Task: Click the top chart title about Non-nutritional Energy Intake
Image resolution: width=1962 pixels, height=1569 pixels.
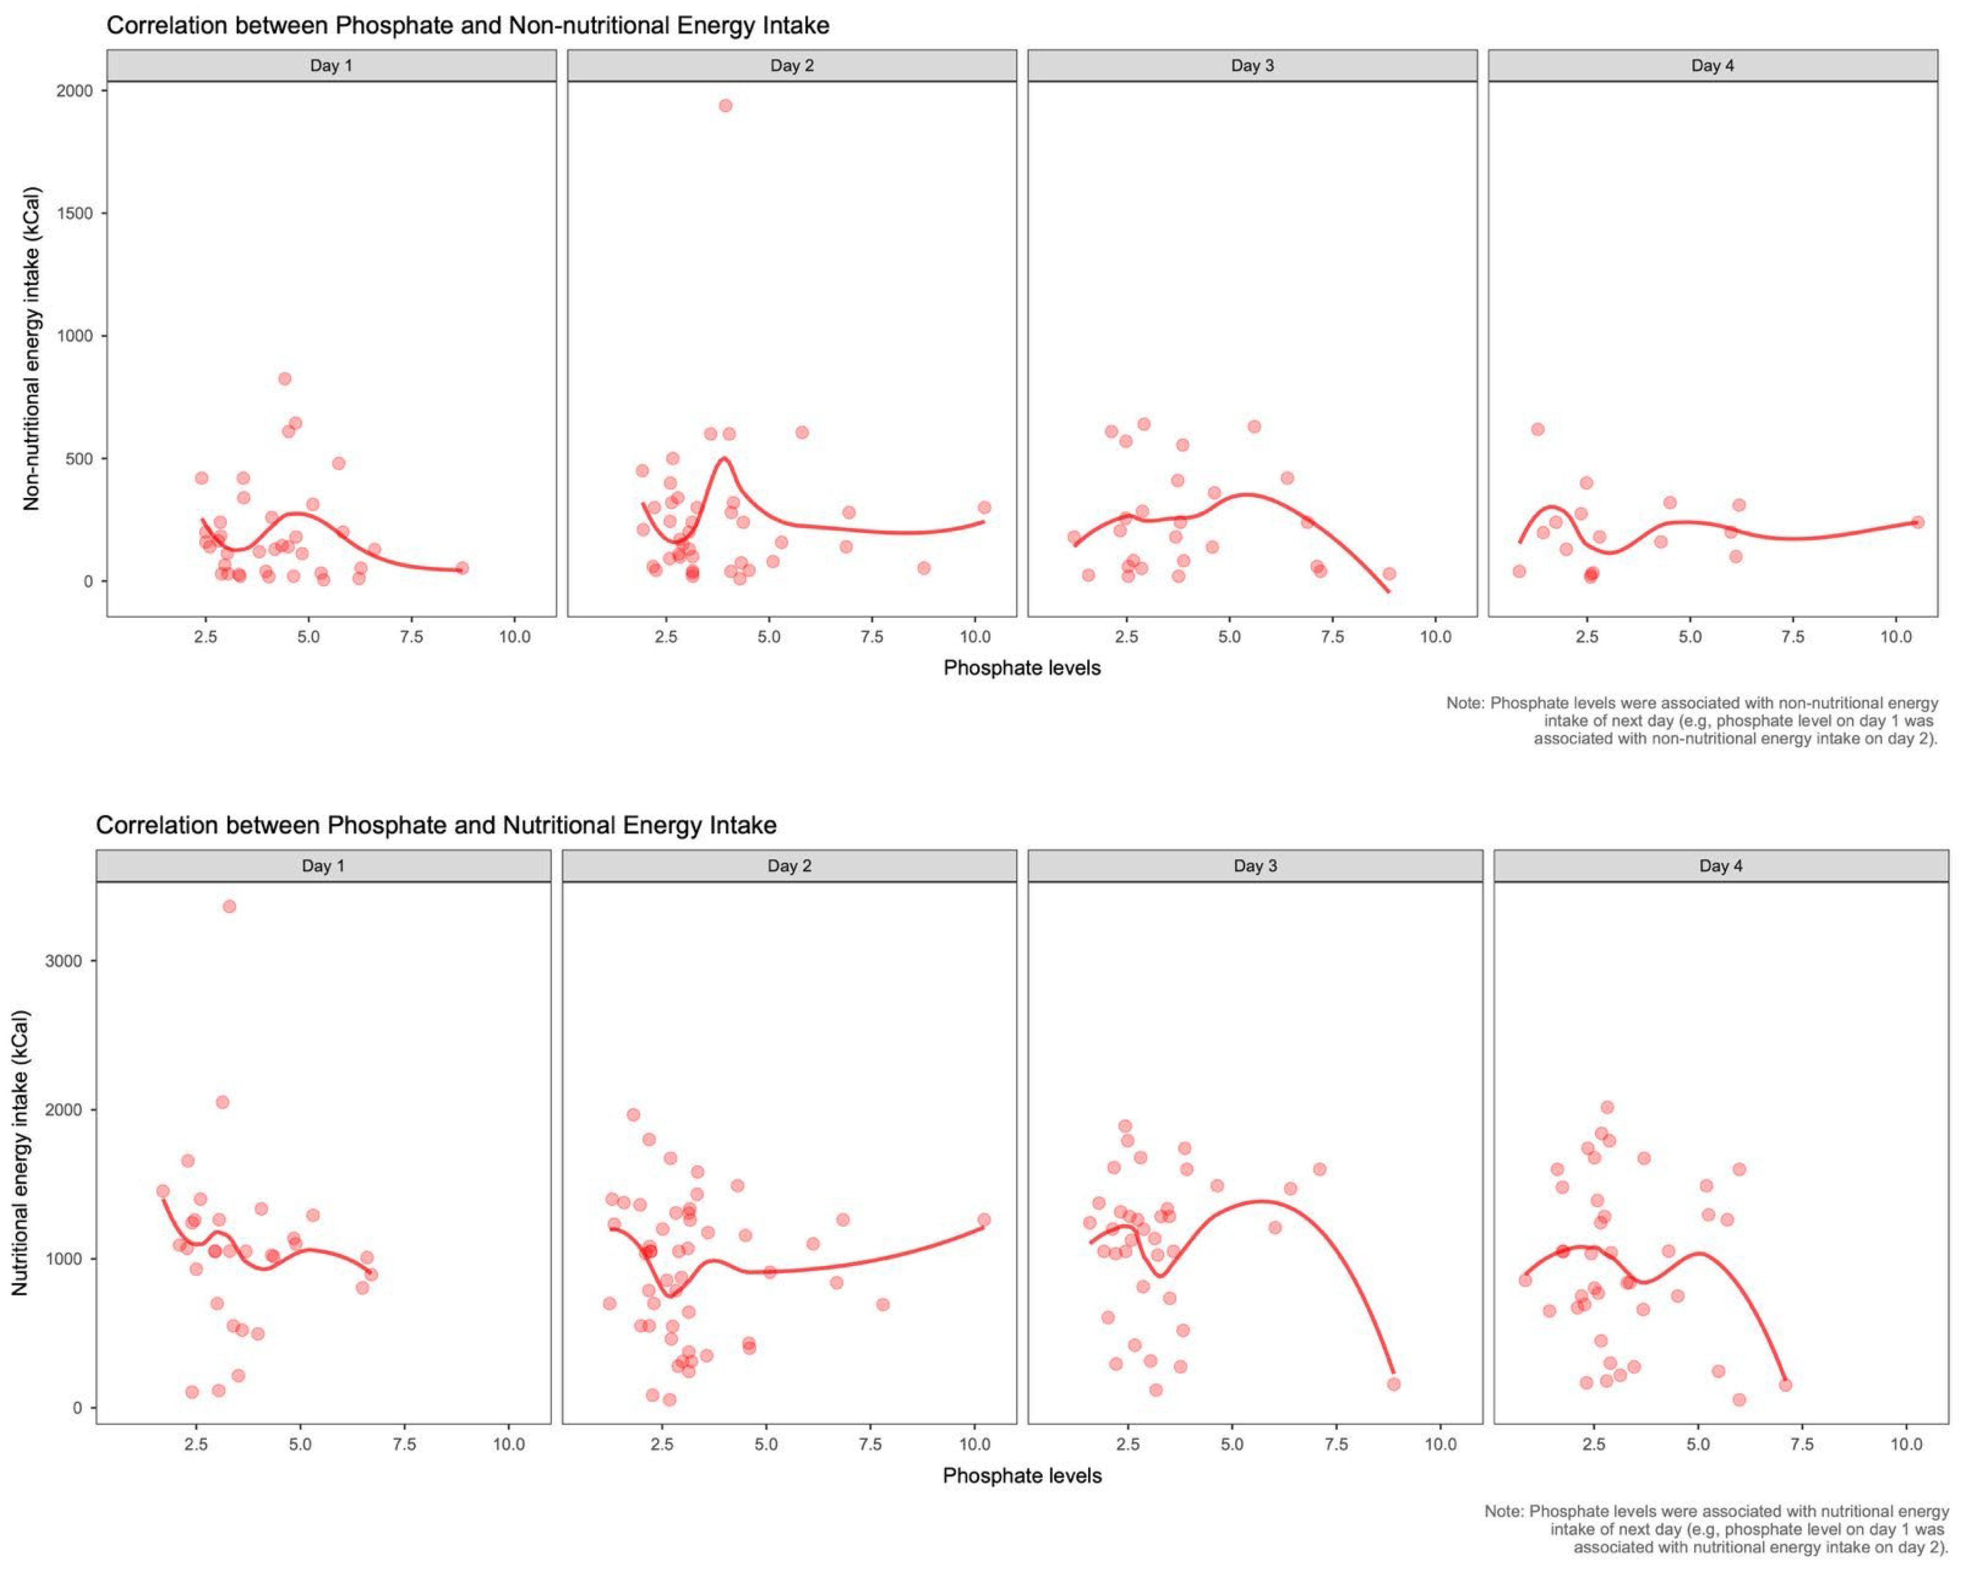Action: pyautogui.click(x=468, y=25)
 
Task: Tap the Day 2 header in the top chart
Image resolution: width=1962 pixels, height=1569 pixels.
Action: pyautogui.click(x=792, y=66)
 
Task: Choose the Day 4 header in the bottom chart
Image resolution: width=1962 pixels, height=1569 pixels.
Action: pyautogui.click(x=1721, y=866)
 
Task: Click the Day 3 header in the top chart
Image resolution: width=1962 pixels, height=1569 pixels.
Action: pyautogui.click(x=1252, y=66)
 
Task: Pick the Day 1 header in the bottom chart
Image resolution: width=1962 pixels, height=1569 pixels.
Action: pyautogui.click(x=323, y=866)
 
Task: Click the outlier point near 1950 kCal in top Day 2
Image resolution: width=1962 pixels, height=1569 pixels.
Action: pyautogui.click(x=725, y=106)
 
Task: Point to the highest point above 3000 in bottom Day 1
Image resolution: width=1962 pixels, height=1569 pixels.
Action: pyautogui.click(x=229, y=906)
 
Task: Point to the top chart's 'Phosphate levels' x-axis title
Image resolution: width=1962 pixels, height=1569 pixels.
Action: pyautogui.click(x=1022, y=668)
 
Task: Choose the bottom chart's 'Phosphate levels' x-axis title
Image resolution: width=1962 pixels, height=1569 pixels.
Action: pyautogui.click(x=1022, y=1475)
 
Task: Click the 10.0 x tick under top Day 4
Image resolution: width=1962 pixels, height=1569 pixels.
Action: pyautogui.click(x=1896, y=637)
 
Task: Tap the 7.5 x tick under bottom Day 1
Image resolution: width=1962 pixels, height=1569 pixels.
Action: pyautogui.click(x=404, y=1444)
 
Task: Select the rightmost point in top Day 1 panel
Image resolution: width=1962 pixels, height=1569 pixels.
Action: pyautogui.click(x=462, y=568)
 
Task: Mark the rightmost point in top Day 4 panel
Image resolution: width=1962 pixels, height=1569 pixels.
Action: pyautogui.click(x=1918, y=523)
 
